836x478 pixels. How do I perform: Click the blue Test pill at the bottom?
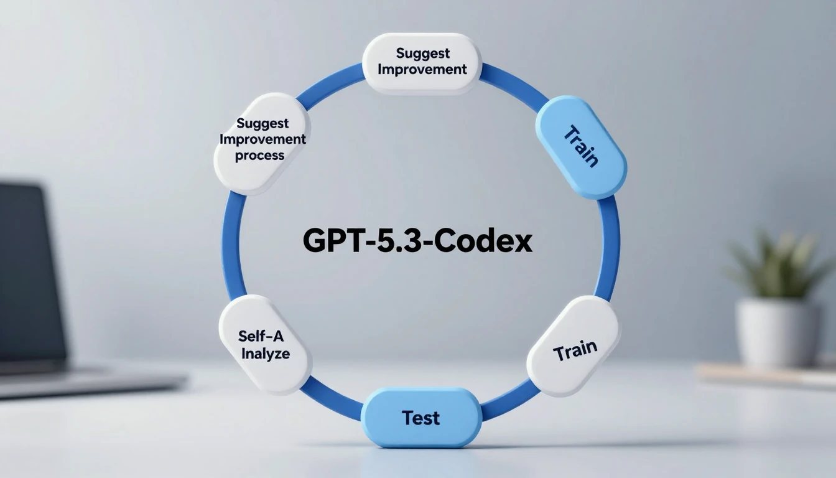(x=421, y=417)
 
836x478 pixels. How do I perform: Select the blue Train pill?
(x=581, y=148)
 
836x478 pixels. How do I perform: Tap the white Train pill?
(x=574, y=346)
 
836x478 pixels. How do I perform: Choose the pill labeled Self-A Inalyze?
(x=265, y=344)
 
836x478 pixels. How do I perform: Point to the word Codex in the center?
(x=483, y=241)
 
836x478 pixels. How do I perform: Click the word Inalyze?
(x=266, y=354)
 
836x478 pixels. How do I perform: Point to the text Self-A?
(x=261, y=336)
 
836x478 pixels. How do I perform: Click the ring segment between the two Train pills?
(x=609, y=249)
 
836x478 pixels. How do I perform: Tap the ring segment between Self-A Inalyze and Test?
(x=333, y=398)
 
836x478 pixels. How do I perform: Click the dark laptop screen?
(x=28, y=274)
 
